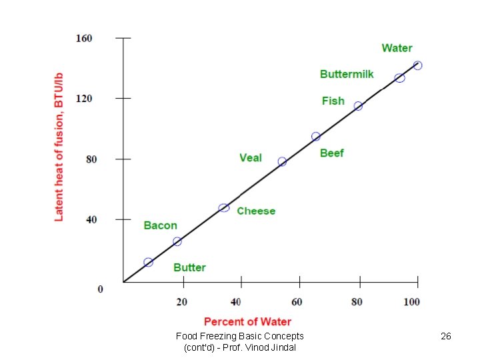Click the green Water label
click(397, 48)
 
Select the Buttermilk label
click(347, 74)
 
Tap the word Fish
click(333, 101)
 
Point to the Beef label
click(331, 153)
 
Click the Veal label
click(251, 158)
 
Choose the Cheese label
click(256, 211)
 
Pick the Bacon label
click(161, 225)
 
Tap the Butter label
click(189, 267)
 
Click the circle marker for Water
click(417, 65)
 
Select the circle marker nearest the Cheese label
click(224, 208)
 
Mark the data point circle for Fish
click(358, 106)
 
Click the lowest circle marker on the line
click(148, 263)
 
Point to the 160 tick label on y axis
click(84, 39)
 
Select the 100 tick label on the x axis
click(412, 302)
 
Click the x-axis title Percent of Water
click(248, 321)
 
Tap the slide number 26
click(446, 337)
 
